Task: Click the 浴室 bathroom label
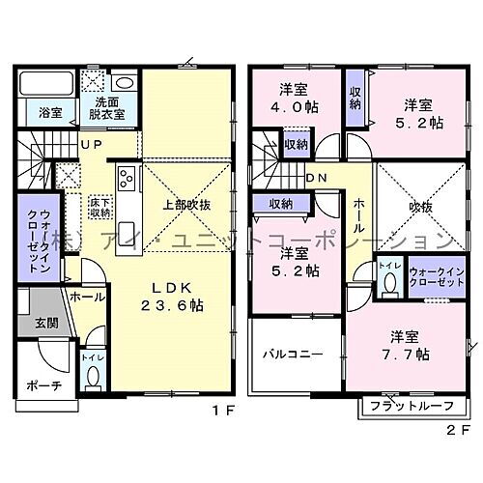(38, 113)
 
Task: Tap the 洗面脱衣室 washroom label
(109, 108)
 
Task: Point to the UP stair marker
(93, 146)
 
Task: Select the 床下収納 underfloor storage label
(99, 206)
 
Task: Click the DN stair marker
(315, 178)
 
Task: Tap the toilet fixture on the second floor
(387, 283)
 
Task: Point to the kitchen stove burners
(126, 179)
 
